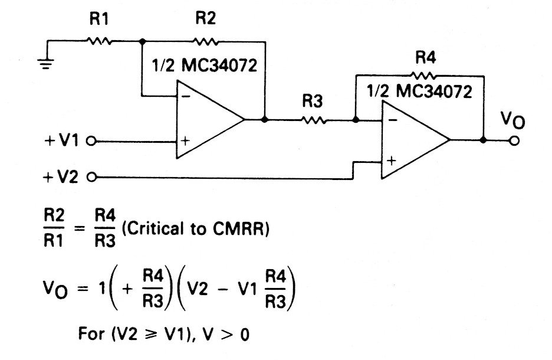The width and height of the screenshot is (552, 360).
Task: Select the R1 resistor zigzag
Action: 99,41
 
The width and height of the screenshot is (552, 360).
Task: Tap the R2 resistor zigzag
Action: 205,41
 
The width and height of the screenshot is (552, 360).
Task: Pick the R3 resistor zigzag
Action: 313,120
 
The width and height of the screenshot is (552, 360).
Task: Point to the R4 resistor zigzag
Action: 423,76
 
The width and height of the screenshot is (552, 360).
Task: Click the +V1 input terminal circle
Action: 91,142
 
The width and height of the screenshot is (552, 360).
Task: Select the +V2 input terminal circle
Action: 91,176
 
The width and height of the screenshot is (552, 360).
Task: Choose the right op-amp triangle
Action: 413,140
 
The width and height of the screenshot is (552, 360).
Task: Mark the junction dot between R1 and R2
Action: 142,41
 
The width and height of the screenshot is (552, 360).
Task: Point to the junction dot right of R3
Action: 355,120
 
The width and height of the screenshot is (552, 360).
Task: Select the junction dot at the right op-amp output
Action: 484,140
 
